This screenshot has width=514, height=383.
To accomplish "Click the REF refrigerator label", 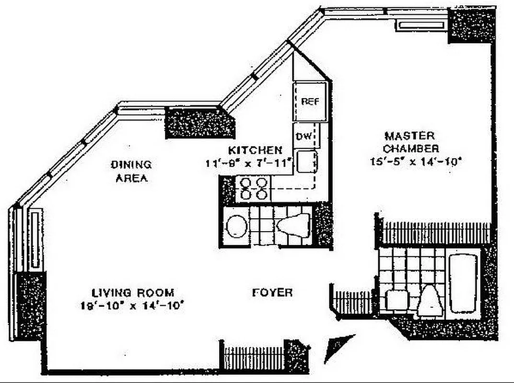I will (x=310, y=101).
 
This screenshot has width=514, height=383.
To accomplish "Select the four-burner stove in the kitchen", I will (x=253, y=189).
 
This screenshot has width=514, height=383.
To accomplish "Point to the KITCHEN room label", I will (x=255, y=149).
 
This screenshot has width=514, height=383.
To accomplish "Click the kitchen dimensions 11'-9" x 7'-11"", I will (x=249, y=163).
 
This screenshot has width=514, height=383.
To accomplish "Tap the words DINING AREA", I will (x=131, y=171).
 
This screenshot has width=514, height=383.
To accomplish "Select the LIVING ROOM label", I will (x=133, y=292).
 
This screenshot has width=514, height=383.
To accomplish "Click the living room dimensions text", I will (x=133, y=304).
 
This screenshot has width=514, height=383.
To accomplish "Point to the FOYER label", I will (x=272, y=292).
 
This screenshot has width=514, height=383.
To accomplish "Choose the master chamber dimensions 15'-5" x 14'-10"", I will (x=415, y=161).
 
